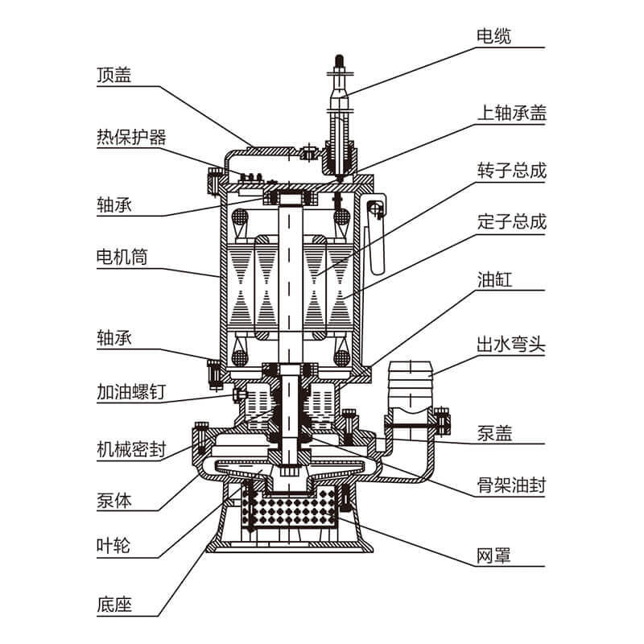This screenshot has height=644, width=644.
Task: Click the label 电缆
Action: coord(493,36)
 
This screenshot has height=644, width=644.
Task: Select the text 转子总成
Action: coord(511,171)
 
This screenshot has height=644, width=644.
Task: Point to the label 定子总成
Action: coord(511,221)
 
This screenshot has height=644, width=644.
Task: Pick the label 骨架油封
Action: coord(511,485)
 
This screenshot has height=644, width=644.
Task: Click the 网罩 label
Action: coord(493,556)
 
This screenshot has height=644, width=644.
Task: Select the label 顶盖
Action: coord(114,75)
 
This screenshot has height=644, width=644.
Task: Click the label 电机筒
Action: coord(122,258)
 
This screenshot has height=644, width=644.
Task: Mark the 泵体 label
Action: coord(114,500)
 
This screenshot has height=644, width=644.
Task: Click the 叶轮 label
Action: coord(114,547)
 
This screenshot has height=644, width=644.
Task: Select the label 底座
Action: coord(114,603)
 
